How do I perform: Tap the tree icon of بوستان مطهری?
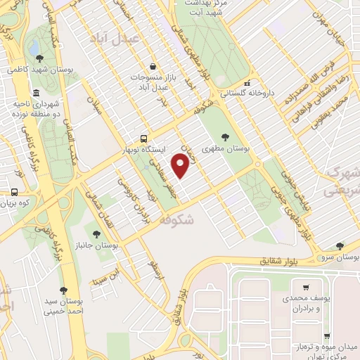click(x=224, y=137)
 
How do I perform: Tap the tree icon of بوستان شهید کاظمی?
click(x=38, y=59)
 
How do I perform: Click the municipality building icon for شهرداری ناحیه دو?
click(x=36, y=94)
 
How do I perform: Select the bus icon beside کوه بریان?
click(x=13, y=192)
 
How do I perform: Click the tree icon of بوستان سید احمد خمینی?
click(x=63, y=290)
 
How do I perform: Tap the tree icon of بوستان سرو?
click(x=340, y=246)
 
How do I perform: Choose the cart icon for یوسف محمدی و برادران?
click(x=306, y=287)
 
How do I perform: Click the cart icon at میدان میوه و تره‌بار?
click(x=326, y=336)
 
